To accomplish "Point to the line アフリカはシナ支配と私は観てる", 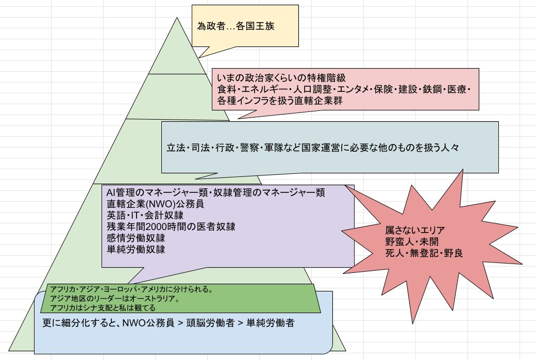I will click(x=103, y=308).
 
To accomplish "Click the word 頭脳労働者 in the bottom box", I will click(x=213, y=323).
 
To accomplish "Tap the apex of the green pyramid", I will click(x=177, y=18).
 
